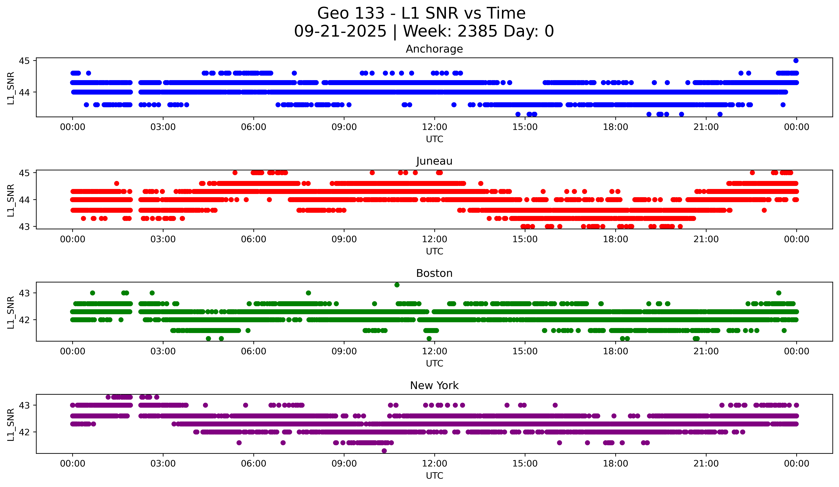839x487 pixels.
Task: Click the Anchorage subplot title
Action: click(x=434, y=49)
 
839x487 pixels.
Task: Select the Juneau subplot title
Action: click(x=434, y=161)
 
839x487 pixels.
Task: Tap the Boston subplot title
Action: click(x=434, y=273)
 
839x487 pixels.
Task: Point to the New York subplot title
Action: click(x=434, y=386)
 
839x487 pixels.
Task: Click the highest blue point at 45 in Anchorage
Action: click(x=796, y=61)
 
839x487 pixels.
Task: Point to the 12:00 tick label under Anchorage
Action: click(x=435, y=127)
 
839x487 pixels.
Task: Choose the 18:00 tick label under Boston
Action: click(x=615, y=351)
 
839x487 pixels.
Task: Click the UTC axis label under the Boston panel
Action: click(x=435, y=364)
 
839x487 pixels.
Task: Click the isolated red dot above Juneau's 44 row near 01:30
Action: click(x=117, y=183)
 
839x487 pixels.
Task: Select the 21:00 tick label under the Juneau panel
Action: click(x=706, y=239)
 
